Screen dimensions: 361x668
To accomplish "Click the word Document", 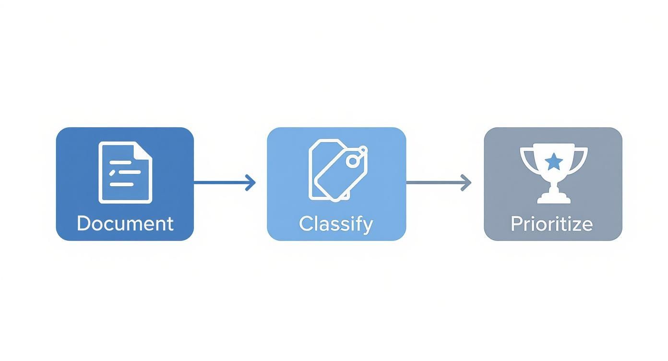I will click(125, 224).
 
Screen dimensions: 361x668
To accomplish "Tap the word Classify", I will click(335, 224).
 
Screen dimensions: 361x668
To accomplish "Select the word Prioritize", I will click(551, 224).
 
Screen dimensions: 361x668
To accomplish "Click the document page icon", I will click(125, 172).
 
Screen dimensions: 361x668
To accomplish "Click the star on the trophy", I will click(554, 161).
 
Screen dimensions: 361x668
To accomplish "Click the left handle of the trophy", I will click(526, 158).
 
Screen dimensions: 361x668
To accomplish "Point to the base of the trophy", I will click(554, 198).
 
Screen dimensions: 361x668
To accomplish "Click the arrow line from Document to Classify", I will click(221, 182).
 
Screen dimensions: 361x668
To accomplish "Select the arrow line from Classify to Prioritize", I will click(435, 182).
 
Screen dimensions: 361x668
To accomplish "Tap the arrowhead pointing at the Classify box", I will click(251, 182).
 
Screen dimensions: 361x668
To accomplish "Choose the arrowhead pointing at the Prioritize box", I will click(466, 182).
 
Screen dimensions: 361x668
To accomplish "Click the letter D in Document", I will click(84, 224).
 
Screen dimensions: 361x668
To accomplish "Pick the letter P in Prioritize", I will click(516, 224).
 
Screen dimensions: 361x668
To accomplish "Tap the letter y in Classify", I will click(367, 226).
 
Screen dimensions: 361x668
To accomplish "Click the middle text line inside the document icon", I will click(126, 172).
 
